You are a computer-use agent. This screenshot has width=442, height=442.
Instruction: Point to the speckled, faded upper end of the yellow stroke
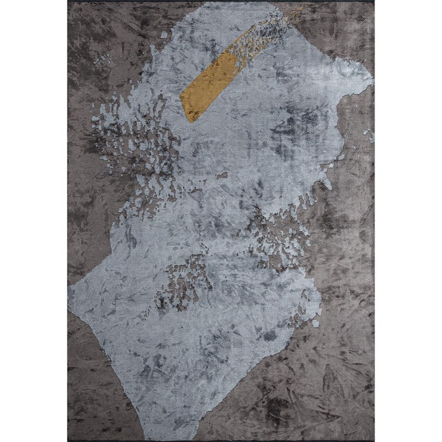[279, 25]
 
